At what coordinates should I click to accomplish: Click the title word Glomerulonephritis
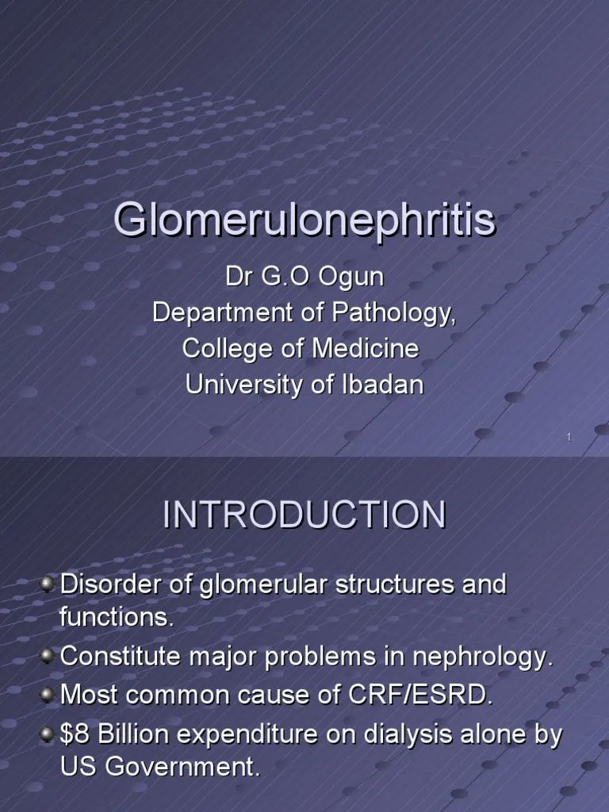click(304, 220)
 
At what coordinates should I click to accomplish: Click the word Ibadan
click(387, 385)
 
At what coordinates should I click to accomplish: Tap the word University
click(241, 385)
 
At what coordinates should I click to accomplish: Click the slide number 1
click(569, 438)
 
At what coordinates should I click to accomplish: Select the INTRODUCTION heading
click(304, 515)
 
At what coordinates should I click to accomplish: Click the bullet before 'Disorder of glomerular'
click(47, 585)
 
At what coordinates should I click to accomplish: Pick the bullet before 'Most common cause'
click(47, 695)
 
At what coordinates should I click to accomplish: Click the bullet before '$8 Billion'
click(47, 734)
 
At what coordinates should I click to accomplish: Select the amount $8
click(73, 735)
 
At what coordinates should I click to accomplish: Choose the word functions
click(116, 618)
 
